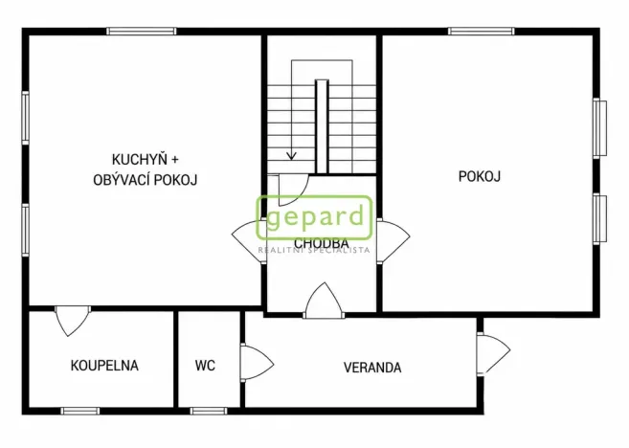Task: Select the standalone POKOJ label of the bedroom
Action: [x=480, y=176]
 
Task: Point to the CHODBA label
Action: [x=321, y=243]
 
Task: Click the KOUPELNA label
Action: [x=104, y=365]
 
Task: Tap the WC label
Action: [x=205, y=365]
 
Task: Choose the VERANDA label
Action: [x=372, y=367]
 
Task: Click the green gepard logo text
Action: [x=313, y=217]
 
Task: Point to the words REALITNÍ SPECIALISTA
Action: [x=314, y=251]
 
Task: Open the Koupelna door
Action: [x=72, y=320]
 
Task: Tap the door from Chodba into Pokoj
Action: [x=393, y=235]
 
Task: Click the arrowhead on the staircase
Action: [x=292, y=155]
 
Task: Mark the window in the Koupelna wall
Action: [x=80, y=411]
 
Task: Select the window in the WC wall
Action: [x=207, y=411]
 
